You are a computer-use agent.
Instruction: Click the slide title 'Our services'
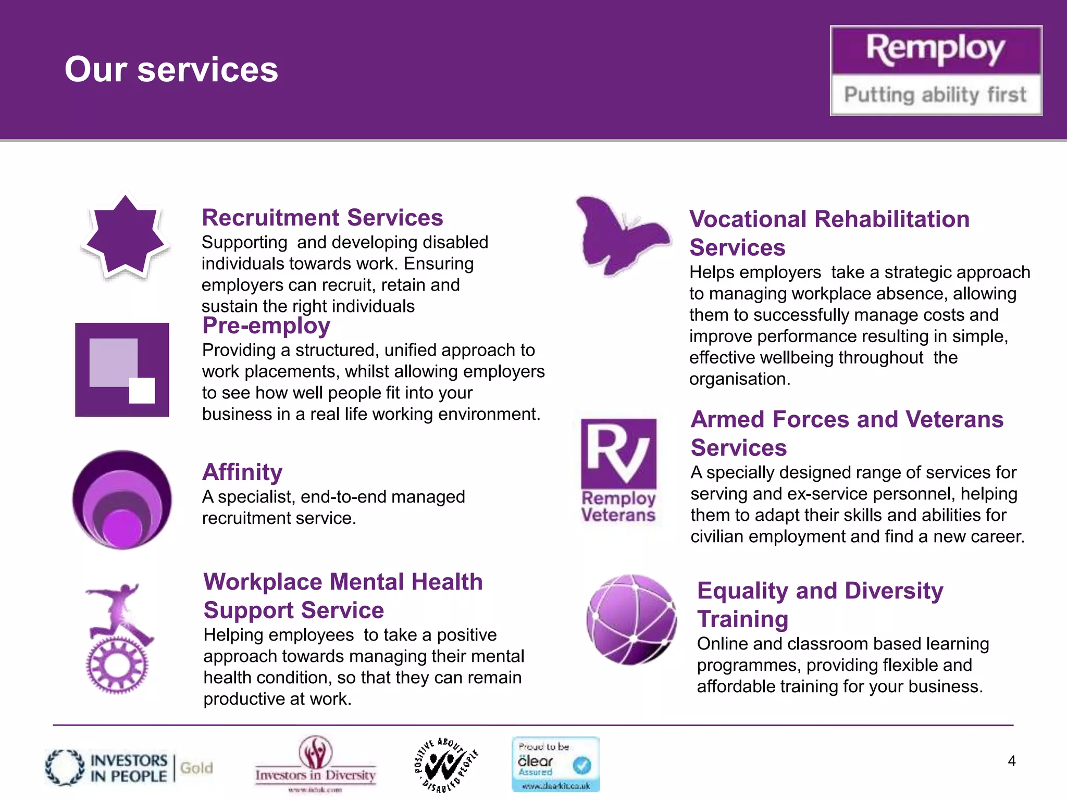[x=171, y=69]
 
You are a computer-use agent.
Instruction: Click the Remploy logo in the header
[x=936, y=70]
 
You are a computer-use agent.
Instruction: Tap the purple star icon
[x=125, y=237]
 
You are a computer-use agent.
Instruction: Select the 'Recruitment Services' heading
[x=322, y=218]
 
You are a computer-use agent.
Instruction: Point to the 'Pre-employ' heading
[x=266, y=326]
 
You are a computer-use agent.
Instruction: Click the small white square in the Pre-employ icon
[x=142, y=390]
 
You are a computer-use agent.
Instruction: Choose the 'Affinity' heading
[x=242, y=472]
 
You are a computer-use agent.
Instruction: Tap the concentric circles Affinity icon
[x=122, y=499]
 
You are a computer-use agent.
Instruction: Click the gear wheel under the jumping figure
[x=117, y=665]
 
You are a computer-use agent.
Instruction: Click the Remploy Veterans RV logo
[x=618, y=470]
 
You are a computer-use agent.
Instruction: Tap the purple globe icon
[x=631, y=619]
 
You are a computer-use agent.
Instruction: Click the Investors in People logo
[x=107, y=768]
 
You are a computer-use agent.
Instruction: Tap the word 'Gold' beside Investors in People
[x=196, y=768]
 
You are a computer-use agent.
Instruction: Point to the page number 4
[x=1011, y=761]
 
